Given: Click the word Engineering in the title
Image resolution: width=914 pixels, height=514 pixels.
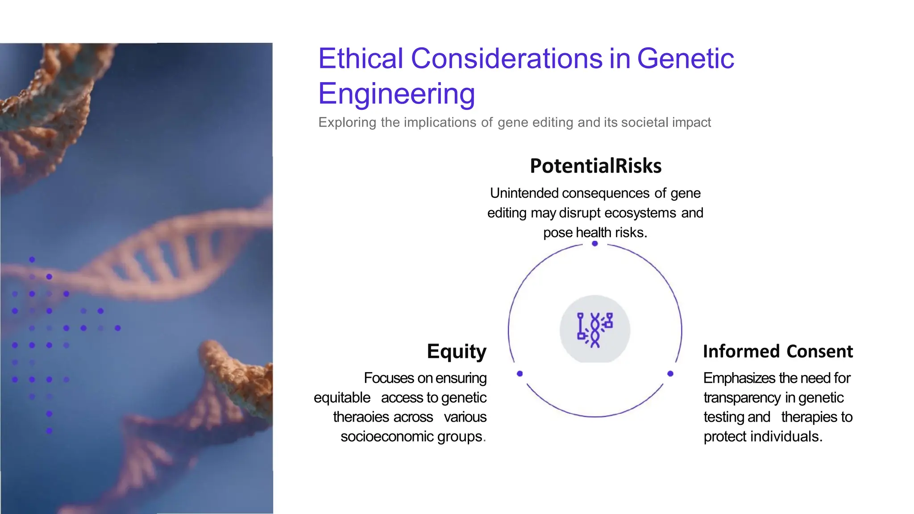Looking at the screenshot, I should pyautogui.click(x=396, y=94).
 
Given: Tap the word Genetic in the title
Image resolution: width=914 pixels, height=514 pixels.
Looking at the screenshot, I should pyautogui.click(x=685, y=58).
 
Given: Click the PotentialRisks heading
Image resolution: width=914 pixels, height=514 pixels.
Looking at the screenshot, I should pyautogui.click(x=595, y=166).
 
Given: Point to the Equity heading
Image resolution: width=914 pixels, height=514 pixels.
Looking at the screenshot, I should pyautogui.click(x=456, y=352).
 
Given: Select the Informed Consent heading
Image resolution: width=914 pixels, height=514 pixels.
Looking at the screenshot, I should pyautogui.click(x=777, y=352).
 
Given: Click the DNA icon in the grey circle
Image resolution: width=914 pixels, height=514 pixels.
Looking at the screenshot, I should pyautogui.click(x=595, y=330).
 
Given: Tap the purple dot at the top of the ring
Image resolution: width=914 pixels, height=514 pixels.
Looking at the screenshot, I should pyautogui.click(x=594, y=244).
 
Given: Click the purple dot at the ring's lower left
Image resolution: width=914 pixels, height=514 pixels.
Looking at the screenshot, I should pyautogui.click(x=519, y=373).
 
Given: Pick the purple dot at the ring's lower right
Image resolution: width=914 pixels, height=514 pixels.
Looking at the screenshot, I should pyautogui.click(x=670, y=373).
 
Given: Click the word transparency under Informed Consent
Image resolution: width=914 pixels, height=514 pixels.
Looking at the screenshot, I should pyautogui.click(x=742, y=398).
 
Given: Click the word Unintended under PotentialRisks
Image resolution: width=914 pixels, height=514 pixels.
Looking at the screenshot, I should pyautogui.click(x=524, y=193).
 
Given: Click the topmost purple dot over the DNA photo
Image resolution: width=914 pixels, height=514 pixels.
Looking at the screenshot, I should pyautogui.click(x=32, y=259).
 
